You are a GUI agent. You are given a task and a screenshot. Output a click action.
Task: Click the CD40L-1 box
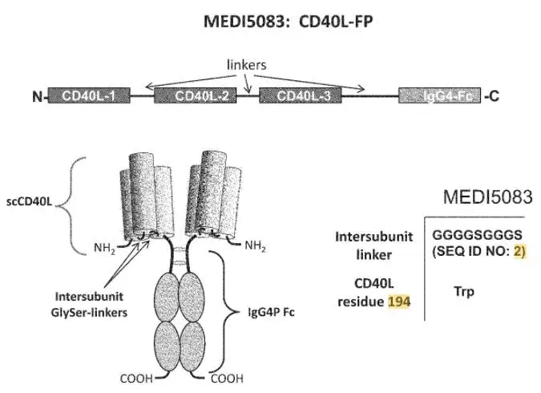(89, 95)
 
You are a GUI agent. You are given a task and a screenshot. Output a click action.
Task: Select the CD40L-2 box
(196, 95)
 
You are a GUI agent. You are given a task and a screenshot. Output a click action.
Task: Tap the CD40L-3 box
(301, 95)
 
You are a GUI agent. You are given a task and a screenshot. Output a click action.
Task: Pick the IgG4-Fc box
(439, 95)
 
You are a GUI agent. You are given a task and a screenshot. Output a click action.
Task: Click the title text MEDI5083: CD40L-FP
(288, 22)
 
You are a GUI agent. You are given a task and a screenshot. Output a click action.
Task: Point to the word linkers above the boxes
(246, 65)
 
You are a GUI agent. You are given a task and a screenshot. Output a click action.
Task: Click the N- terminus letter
(38, 96)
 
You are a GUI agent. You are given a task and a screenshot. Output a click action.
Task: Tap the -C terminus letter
(491, 95)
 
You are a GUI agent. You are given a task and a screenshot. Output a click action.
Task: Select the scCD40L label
(30, 201)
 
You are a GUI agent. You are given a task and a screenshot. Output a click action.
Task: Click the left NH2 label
(104, 248)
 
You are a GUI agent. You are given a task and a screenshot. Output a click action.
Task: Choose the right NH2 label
(256, 246)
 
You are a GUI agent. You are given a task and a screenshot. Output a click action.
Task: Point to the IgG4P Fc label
(271, 312)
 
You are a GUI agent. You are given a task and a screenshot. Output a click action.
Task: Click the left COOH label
(136, 379)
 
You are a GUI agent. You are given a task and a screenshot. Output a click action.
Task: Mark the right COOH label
(227, 379)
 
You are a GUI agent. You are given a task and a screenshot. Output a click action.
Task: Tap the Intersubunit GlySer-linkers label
(89, 304)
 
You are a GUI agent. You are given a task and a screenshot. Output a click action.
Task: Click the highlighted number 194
(399, 302)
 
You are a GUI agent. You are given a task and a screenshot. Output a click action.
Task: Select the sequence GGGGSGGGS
(477, 235)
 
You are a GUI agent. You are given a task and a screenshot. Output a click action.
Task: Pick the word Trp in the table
(464, 291)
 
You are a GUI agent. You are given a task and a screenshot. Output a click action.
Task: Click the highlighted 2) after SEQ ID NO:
(519, 251)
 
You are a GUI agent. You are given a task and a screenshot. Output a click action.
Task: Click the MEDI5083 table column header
(488, 196)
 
